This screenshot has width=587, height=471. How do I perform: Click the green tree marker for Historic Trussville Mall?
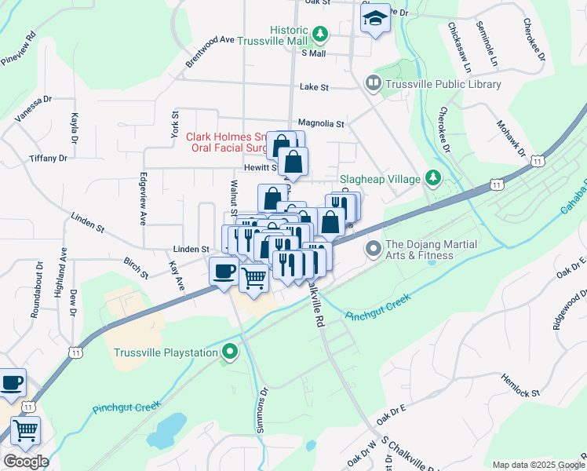[x=319, y=34]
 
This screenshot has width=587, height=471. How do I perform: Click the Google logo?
[x=25, y=461]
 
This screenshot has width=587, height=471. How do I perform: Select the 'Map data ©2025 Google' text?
[x=537, y=465]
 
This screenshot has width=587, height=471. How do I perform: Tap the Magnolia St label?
[x=321, y=124]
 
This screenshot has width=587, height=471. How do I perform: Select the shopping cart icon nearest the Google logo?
[x=25, y=429]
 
